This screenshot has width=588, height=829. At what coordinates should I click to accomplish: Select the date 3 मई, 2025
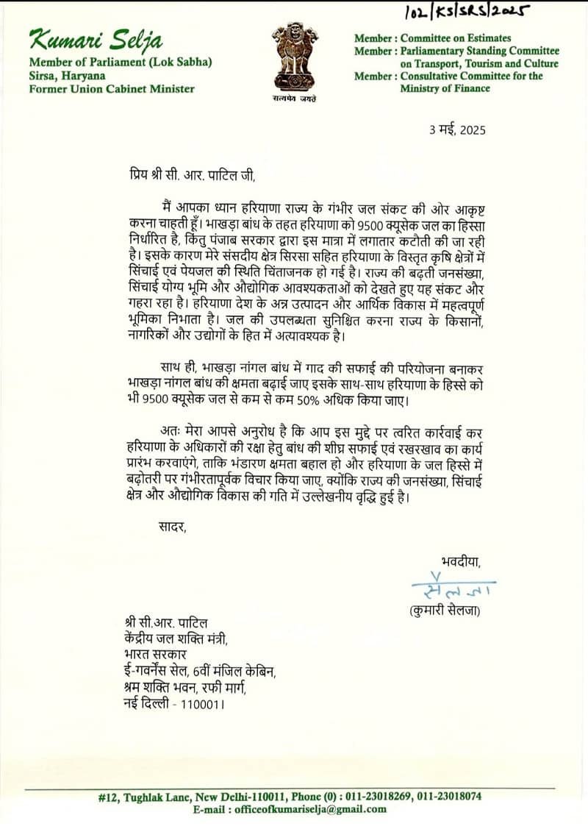click(457, 130)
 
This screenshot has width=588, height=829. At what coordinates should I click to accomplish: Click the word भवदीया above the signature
click(461, 562)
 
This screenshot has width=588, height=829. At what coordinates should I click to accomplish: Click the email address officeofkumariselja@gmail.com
click(309, 809)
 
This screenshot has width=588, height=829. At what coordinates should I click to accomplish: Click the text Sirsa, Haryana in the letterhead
click(67, 76)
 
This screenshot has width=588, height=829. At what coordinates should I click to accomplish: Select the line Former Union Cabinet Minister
click(112, 89)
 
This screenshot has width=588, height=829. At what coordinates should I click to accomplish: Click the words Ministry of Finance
click(445, 88)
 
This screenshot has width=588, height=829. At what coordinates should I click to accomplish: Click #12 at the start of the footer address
click(109, 796)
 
